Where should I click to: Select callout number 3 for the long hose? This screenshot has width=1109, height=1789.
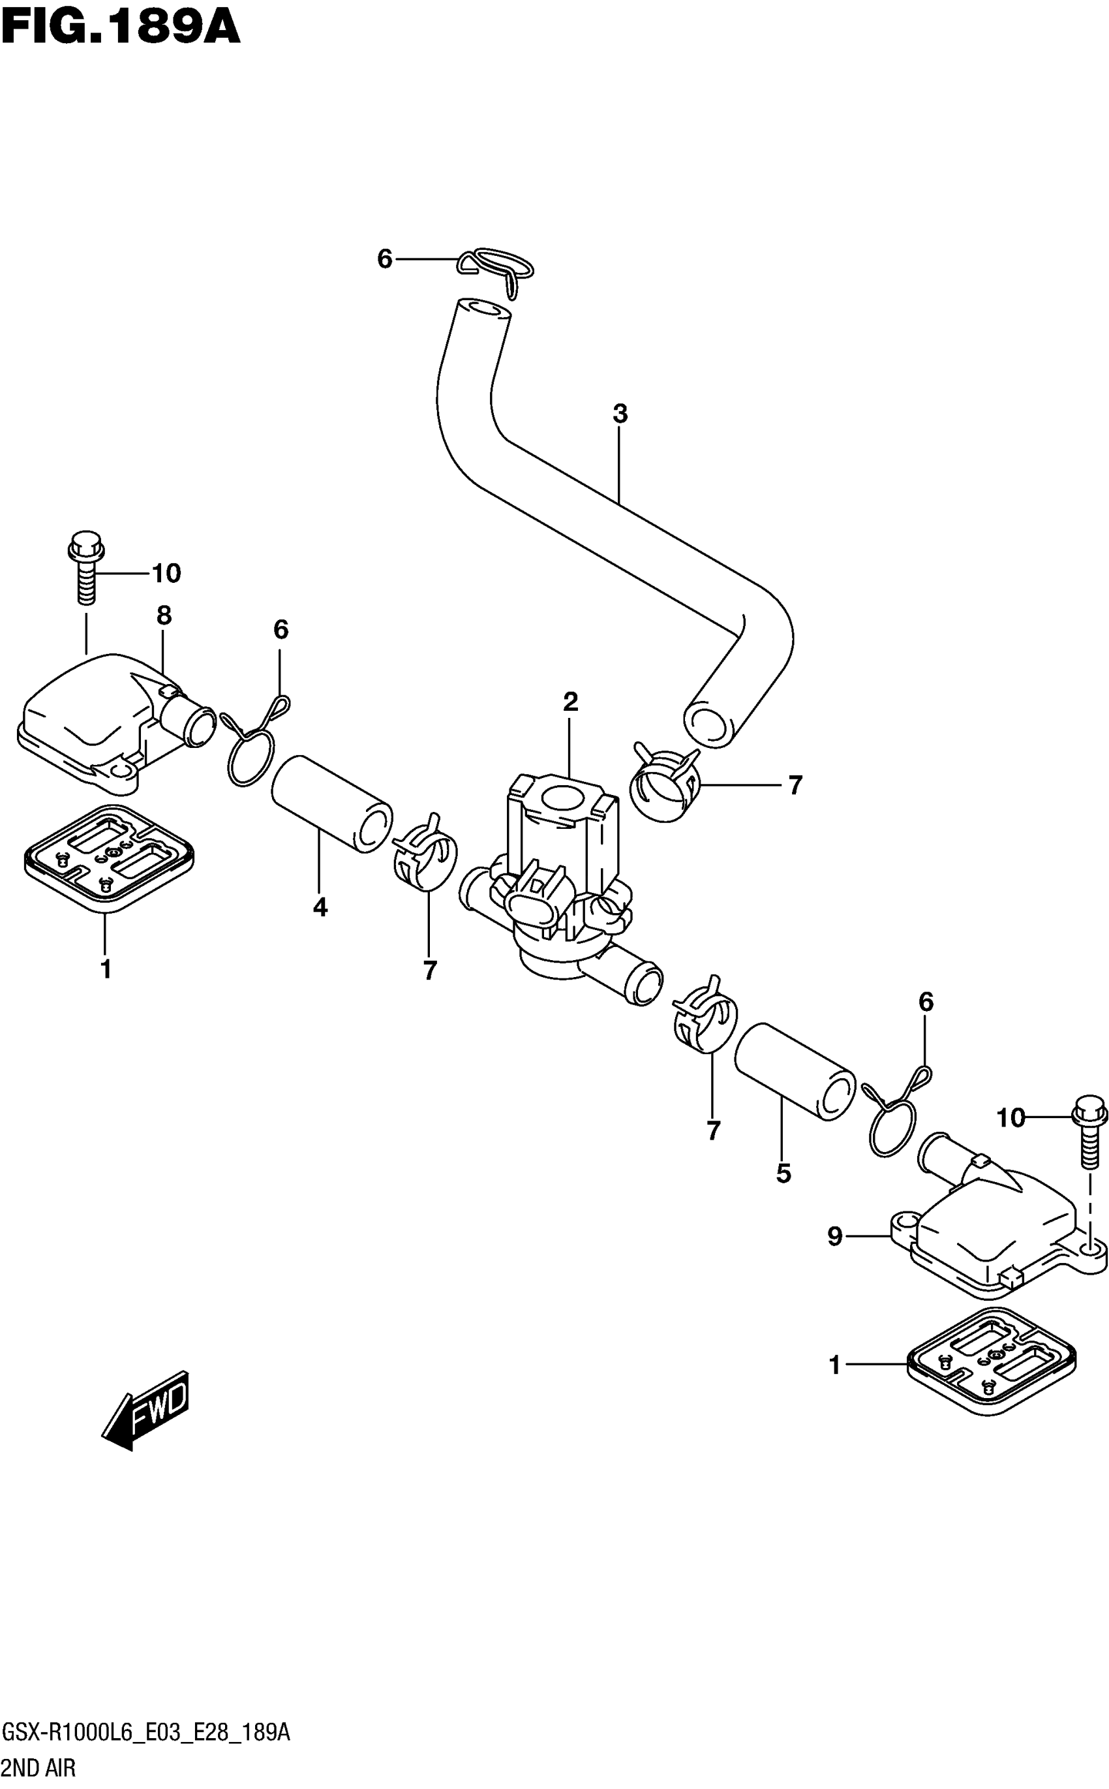[x=620, y=414]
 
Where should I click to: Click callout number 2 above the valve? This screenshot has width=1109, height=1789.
[x=571, y=702]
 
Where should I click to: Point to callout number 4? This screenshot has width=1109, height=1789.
[x=320, y=908]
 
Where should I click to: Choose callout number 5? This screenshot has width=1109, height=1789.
[x=783, y=1174]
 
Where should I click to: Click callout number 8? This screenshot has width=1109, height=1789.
[x=164, y=615]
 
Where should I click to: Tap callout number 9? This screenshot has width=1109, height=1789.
[x=834, y=1236]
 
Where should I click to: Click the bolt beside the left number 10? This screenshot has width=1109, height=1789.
[x=86, y=566]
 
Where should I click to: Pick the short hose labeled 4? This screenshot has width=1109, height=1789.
[x=331, y=805]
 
